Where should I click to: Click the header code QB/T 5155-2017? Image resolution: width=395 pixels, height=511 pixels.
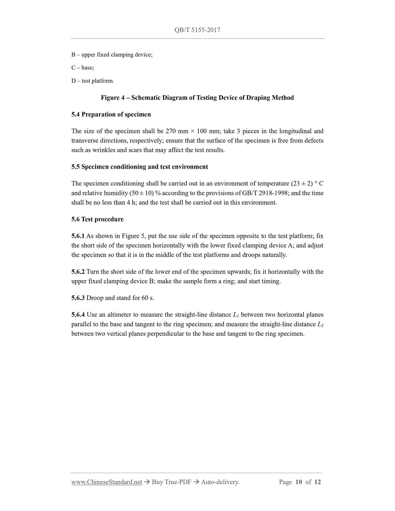[197, 30]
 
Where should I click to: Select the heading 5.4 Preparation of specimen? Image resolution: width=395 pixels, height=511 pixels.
[111, 114]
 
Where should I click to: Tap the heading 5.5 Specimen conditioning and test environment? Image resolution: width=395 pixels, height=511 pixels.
[139, 167]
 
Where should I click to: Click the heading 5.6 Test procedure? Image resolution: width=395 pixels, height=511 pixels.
[97, 219]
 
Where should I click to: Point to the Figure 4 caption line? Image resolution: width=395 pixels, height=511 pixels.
[197, 98]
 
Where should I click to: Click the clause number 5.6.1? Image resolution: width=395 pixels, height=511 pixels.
[78, 236]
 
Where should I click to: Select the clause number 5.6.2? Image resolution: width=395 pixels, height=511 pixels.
[78, 272]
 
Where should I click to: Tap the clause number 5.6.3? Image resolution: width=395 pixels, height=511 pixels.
[78, 298]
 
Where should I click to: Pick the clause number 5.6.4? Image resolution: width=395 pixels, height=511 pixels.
[78, 315]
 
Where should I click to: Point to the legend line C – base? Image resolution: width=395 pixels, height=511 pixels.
[83, 68]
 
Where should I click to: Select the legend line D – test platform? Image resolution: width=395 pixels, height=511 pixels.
[93, 81]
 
